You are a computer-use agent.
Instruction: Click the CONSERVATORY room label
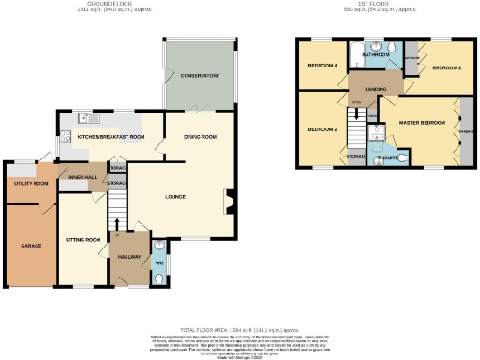coord(199,76)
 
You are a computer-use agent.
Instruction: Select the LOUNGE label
coord(175,196)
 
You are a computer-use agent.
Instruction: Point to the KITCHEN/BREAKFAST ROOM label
coord(111,137)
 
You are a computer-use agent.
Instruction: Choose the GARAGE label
coord(32,246)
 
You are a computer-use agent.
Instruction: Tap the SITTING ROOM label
coord(82,240)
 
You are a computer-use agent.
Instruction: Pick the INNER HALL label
coord(78,173)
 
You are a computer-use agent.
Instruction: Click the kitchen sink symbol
coord(84,118)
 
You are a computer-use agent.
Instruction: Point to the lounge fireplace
coord(230,199)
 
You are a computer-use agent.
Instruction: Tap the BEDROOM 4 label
coord(323,66)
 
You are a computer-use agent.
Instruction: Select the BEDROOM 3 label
coord(446,68)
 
